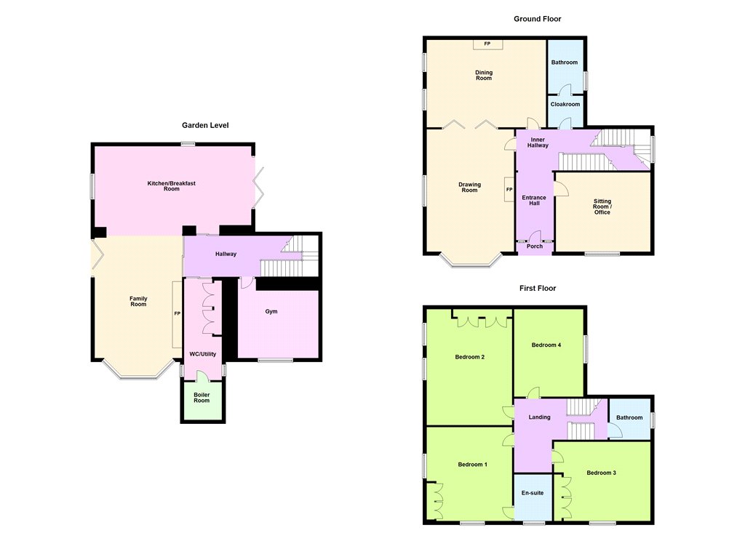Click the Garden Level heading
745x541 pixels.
pyautogui.click(x=205, y=125)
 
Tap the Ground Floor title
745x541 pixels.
pyautogui.click(x=538, y=19)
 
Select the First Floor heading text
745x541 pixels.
pyautogui.click(x=538, y=288)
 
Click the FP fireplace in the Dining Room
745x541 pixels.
pyautogui.click(x=487, y=44)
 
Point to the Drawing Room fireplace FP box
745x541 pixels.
pyautogui.click(x=509, y=190)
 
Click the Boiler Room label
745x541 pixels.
pyautogui.click(x=202, y=398)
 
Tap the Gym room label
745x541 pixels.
pyautogui.click(x=271, y=312)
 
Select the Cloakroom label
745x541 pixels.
pyautogui.click(x=565, y=104)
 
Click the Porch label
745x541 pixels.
pyautogui.click(x=535, y=246)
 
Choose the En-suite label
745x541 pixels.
pyautogui.click(x=532, y=493)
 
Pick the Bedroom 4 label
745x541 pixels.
pyautogui.click(x=546, y=345)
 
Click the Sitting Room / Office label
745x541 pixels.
pyautogui.click(x=602, y=207)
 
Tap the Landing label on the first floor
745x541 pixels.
pyautogui.click(x=539, y=417)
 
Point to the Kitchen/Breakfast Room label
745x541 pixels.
pyautogui.click(x=172, y=185)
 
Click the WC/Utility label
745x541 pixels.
pyautogui.click(x=203, y=354)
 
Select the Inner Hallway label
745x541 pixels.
pyautogui.click(x=538, y=143)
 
